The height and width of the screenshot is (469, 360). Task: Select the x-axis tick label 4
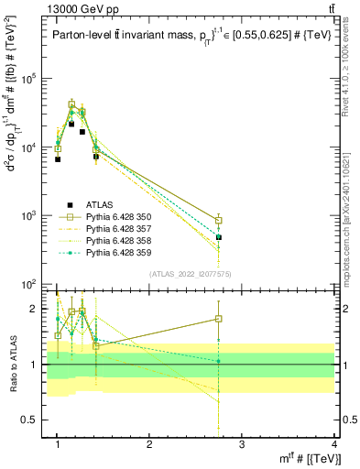tap(333, 443)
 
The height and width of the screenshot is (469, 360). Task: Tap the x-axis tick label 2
tap(149, 443)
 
